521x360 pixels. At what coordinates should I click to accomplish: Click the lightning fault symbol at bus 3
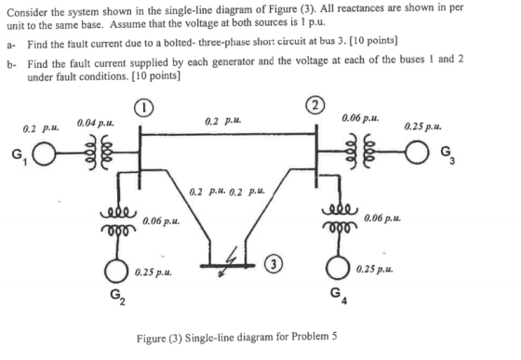click(x=229, y=261)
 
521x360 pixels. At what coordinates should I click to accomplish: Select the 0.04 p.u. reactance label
click(x=96, y=124)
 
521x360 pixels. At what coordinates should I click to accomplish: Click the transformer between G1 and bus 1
click(x=100, y=153)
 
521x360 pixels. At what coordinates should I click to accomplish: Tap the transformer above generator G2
click(x=118, y=220)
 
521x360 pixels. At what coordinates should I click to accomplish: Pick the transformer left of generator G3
click(x=360, y=152)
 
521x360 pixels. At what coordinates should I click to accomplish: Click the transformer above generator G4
click(x=340, y=219)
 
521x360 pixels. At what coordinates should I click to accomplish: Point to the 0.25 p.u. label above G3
click(x=423, y=127)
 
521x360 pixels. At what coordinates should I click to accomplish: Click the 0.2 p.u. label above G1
click(x=41, y=127)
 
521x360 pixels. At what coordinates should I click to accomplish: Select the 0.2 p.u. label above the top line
click(x=223, y=121)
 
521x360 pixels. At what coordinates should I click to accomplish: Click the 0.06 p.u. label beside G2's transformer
click(x=161, y=220)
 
